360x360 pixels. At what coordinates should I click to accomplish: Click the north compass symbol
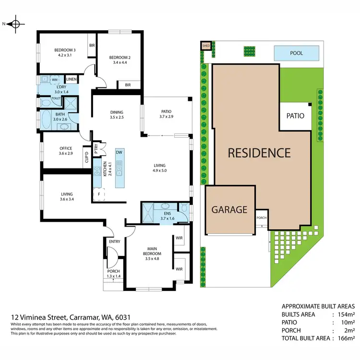(15, 24)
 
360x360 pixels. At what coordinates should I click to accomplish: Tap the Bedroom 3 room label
(64, 50)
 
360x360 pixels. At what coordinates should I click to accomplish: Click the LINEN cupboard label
(72, 79)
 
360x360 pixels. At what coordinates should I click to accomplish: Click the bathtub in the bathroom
(47, 120)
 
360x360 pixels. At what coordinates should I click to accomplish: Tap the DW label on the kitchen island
(119, 152)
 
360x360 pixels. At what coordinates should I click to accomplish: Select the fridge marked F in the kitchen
(99, 194)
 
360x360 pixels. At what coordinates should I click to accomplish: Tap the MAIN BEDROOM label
(151, 251)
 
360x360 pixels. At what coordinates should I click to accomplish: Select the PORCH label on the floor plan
(114, 271)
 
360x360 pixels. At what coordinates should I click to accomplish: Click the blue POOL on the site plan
(296, 53)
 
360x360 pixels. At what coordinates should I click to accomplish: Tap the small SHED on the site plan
(206, 46)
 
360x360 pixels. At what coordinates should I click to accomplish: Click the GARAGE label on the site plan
(229, 209)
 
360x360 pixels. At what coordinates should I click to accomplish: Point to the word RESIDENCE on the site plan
(259, 153)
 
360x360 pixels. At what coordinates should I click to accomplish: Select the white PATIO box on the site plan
(295, 116)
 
